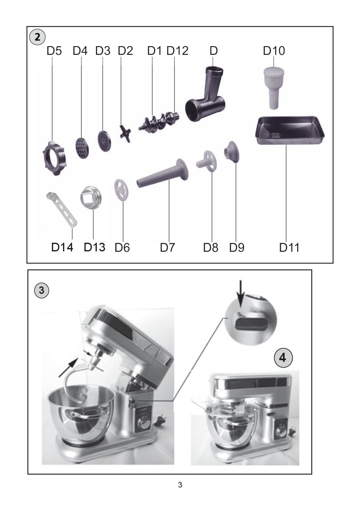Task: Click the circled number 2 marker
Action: (x=37, y=37)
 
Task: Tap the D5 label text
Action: (x=54, y=51)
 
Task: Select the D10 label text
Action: (x=274, y=51)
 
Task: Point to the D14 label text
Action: (x=62, y=247)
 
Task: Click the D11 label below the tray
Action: (x=289, y=247)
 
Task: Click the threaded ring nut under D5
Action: (x=54, y=158)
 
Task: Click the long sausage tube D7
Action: (x=163, y=173)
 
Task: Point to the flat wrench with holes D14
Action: (x=62, y=209)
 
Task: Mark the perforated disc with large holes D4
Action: (x=82, y=148)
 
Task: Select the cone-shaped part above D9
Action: (x=231, y=152)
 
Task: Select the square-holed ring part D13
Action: (x=91, y=197)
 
